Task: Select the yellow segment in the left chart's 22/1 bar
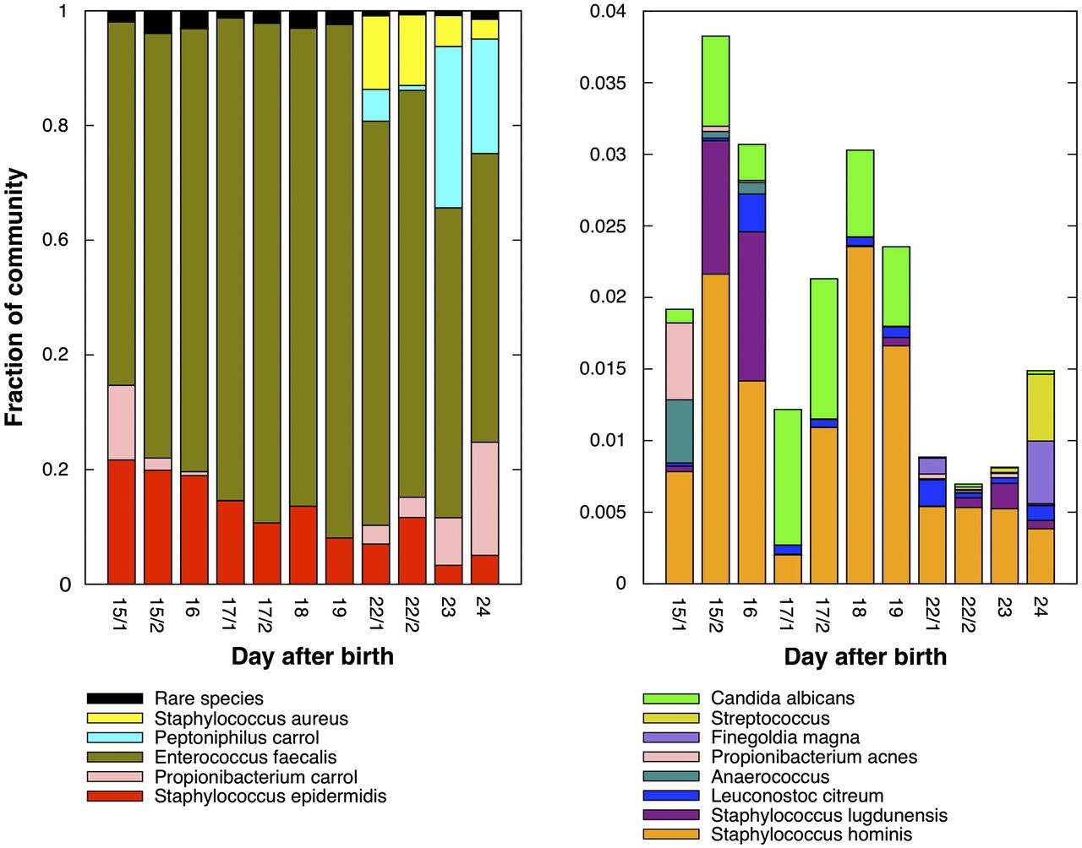click(x=375, y=52)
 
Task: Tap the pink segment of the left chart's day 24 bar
click(x=484, y=498)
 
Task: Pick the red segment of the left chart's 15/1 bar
click(x=121, y=521)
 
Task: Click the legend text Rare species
click(x=209, y=699)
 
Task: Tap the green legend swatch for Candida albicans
click(x=671, y=699)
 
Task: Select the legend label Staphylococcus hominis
click(x=811, y=834)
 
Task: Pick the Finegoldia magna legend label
click(x=785, y=737)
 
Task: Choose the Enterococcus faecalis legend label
click(x=245, y=757)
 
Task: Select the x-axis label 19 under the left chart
click(x=338, y=607)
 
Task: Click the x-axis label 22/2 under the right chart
click(x=968, y=613)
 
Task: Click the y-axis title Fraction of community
click(x=15, y=296)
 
